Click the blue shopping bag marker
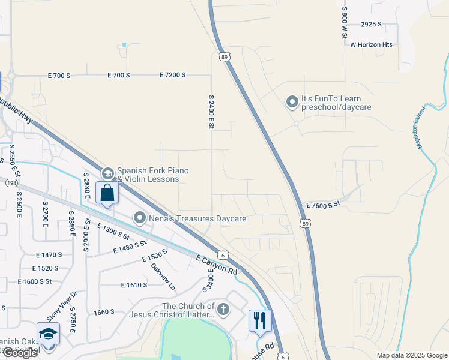(107, 193)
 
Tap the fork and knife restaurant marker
(260, 320)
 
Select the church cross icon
(223, 310)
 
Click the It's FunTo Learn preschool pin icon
(292, 103)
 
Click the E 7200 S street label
(173, 75)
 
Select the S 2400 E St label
(211, 113)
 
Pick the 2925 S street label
(372, 25)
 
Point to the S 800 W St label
(345, 23)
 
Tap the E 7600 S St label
(323, 205)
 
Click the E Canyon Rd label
(217, 265)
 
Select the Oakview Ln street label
(163, 277)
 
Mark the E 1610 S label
(135, 286)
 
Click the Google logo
(20, 353)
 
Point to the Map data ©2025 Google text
(412, 355)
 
